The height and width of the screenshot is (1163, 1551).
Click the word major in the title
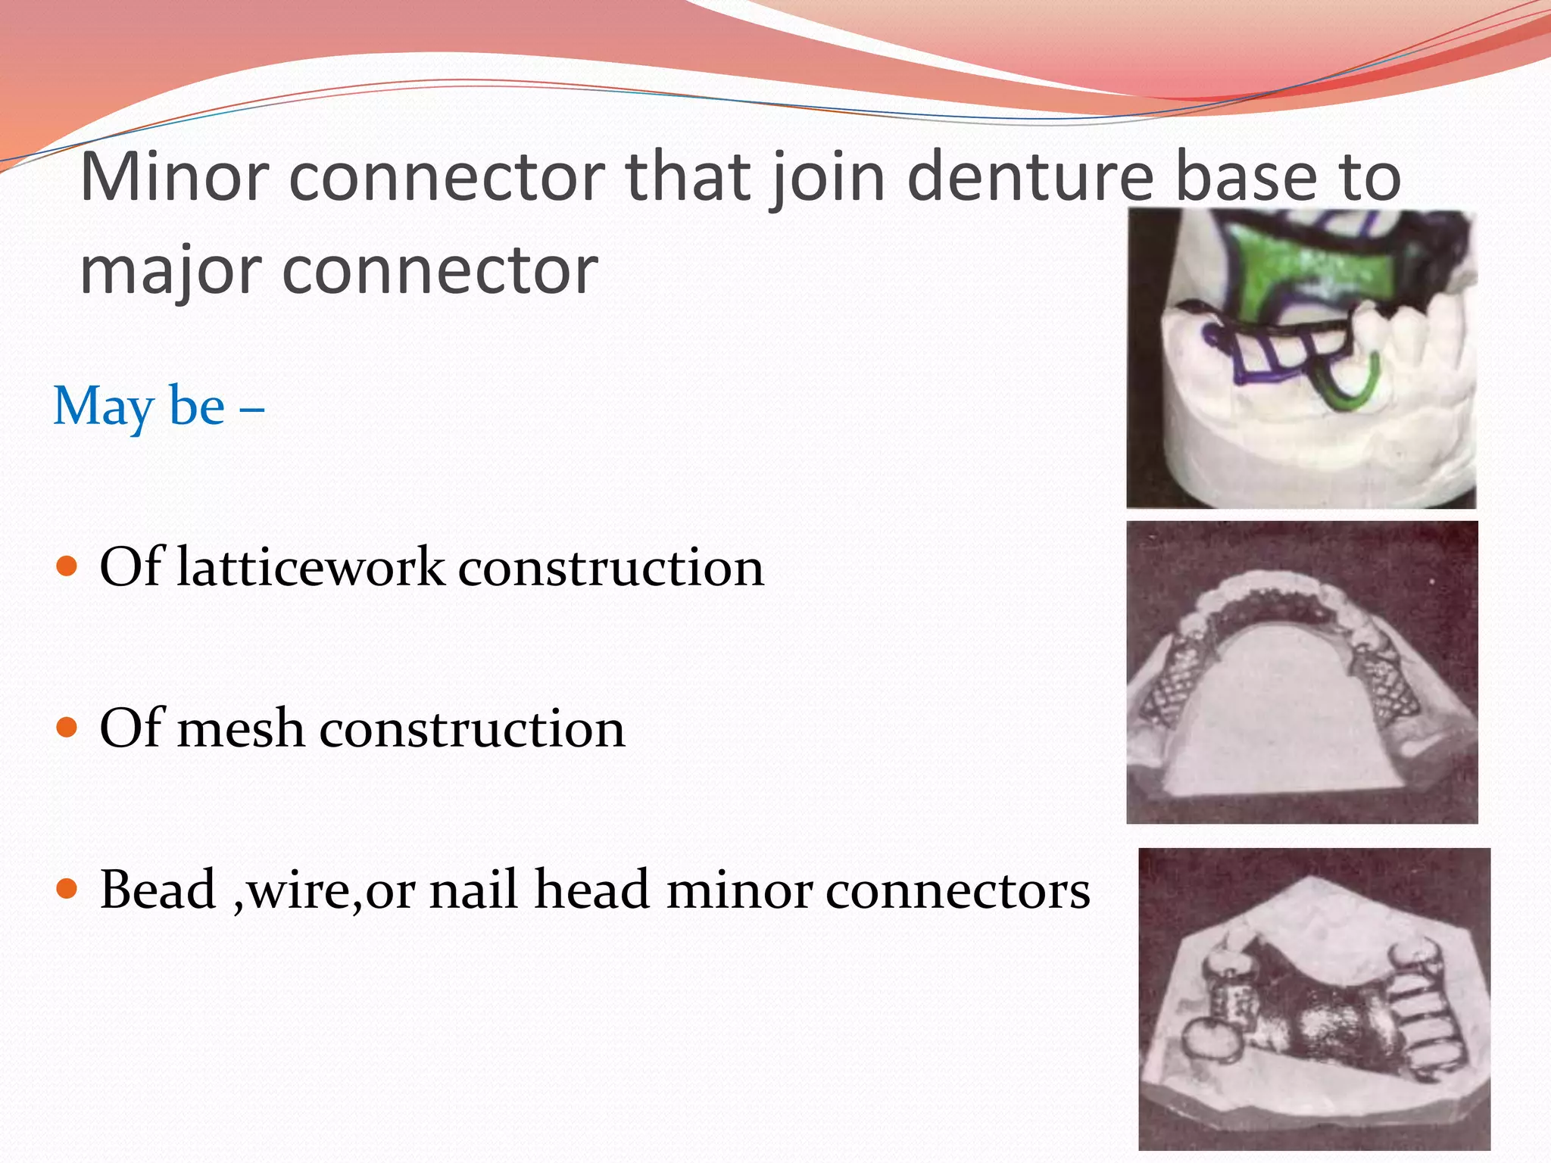pos(170,271)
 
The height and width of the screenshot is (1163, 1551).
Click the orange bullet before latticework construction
pos(67,566)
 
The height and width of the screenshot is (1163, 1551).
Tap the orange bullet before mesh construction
pos(67,728)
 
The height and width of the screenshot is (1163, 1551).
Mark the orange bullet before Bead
pos(67,888)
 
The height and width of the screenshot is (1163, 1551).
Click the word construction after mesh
pos(473,729)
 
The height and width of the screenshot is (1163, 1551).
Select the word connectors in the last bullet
pos(957,890)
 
